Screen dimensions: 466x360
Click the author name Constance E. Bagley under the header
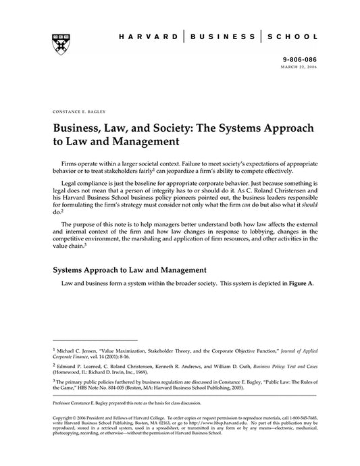(x=78, y=109)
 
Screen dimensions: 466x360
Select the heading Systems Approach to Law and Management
(x=129, y=270)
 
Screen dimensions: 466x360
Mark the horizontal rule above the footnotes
(x=94, y=340)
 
